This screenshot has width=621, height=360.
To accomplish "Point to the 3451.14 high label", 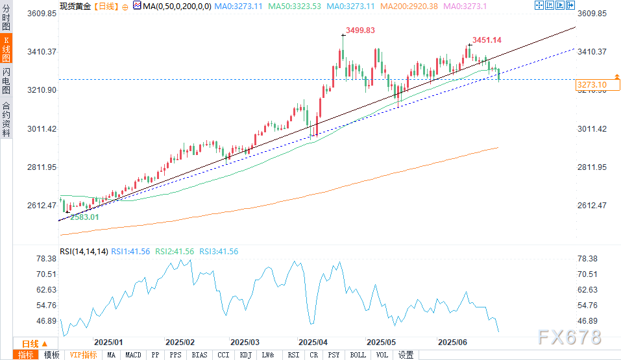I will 487,40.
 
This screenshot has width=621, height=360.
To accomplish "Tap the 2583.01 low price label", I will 84,217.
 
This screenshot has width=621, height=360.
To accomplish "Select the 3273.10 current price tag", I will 591,85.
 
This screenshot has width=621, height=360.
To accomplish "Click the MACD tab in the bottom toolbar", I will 133,355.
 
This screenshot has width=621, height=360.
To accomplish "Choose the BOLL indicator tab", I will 358,355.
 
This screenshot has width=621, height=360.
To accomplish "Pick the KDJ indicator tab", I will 246,355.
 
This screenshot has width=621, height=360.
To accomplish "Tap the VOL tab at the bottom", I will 382,355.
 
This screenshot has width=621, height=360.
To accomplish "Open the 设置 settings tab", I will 406,355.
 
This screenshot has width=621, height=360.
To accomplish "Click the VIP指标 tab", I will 83,355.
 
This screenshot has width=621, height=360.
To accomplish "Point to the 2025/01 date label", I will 108,342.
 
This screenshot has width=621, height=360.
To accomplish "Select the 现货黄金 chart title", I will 75,5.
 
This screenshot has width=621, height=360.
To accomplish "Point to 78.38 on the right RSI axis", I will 588,258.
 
